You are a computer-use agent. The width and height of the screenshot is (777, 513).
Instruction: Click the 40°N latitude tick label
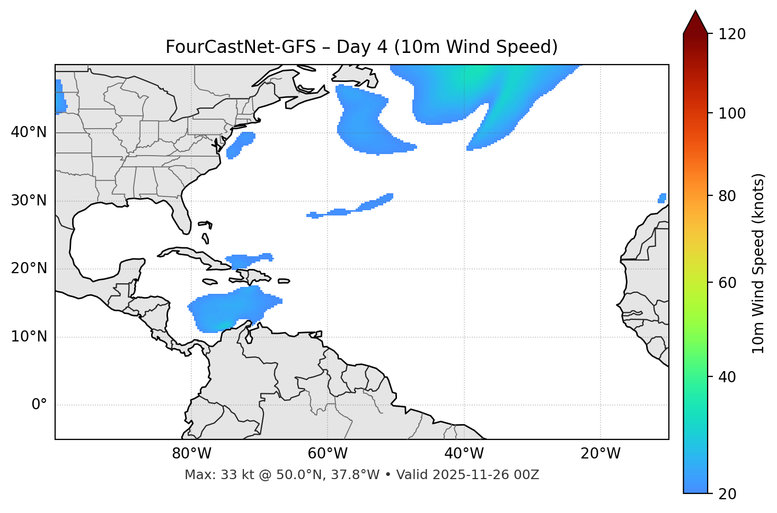(29, 132)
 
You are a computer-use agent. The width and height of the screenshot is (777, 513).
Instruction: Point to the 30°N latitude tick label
(29, 201)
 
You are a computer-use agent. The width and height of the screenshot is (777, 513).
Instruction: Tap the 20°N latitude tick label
(29, 268)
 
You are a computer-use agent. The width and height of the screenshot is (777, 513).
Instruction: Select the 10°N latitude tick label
(29, 337)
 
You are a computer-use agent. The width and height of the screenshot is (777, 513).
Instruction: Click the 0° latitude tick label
(39, 405)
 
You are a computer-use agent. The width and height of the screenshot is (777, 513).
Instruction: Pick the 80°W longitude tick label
(191, 454)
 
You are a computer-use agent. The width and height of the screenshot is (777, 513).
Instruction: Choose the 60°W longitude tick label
(328, 454)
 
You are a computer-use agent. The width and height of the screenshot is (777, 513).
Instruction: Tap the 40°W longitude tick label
(464, 454)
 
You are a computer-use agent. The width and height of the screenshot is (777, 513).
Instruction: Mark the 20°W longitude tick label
(601, 454)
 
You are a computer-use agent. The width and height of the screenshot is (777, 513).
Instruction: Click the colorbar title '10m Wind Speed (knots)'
(758, 263)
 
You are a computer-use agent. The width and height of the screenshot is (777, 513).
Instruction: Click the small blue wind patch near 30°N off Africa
(662, 198)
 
